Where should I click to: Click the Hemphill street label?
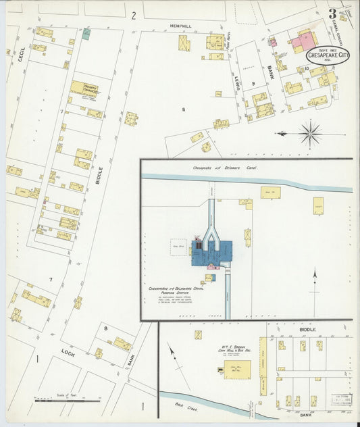(180, 26)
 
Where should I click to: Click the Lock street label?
(67, 351)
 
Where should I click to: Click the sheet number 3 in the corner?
(332, 14)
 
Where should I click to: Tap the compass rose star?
(310, 133)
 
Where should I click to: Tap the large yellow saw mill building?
(237, 369)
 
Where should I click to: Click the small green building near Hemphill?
(86, 34)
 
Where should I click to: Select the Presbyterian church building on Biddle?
(84, 88)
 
